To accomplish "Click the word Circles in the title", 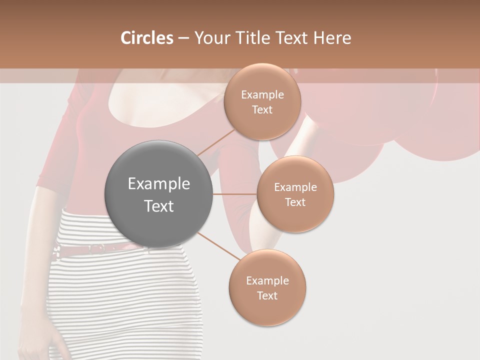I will click(146, 38).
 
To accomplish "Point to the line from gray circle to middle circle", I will click(235, 194).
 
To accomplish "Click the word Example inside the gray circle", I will click(159, 184).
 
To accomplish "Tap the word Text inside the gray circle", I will click(159, 206).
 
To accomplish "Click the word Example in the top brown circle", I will click(262, 95).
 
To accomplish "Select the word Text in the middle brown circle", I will click(295, 202).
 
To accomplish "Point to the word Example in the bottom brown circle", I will click(267, 281).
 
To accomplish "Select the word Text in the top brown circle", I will click(262, 110).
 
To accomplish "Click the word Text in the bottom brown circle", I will click(267, 295).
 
